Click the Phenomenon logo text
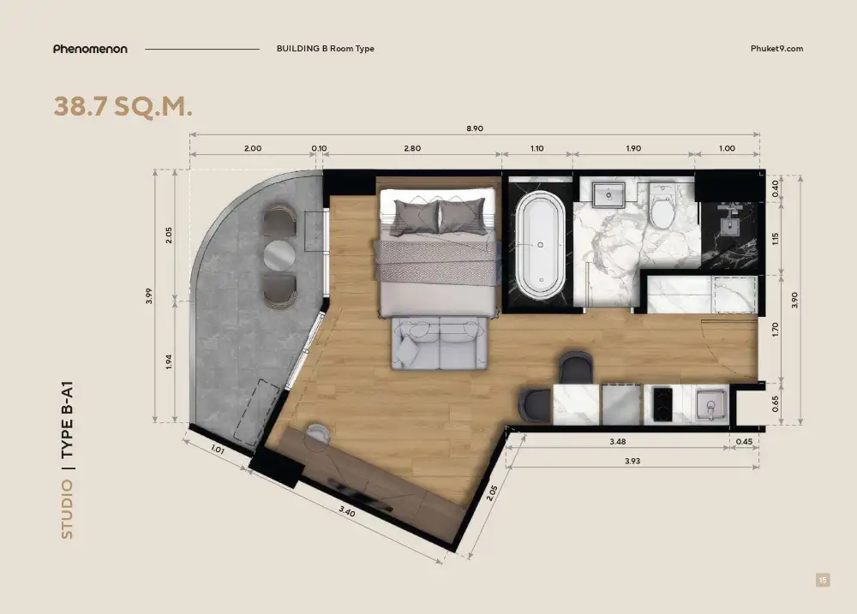pyautogui.click(x=90, y=49)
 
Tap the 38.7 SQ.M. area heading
pyautogui.click(x=123, y=106)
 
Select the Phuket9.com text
pyautogui.click(x=776, y=48)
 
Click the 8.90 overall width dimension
pyautogui.click(x=475, y=128)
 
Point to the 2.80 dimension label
pyautogui.click(x=412, y=148)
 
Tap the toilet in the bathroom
pyautogui.click(x=662, y=206)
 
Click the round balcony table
pyautogui.click(x=279, y=255)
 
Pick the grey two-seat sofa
pyautogui.click(x=439, y=343)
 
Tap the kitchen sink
pyautogui.click(x=711, y=405)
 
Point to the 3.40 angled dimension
pyautogui.click(x=346, y=512)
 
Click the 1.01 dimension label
pyautogui.click(x=218, y=450)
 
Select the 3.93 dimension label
pyautogui.click(x=632, y=461)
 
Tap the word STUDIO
pyautogui.click(x=67, y=510)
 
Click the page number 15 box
pyautogui.click(x=823, y=580)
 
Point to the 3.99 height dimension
pyautogui.click(x=148, y=295)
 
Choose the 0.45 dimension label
pyautogui.click(x=744, y=441)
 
